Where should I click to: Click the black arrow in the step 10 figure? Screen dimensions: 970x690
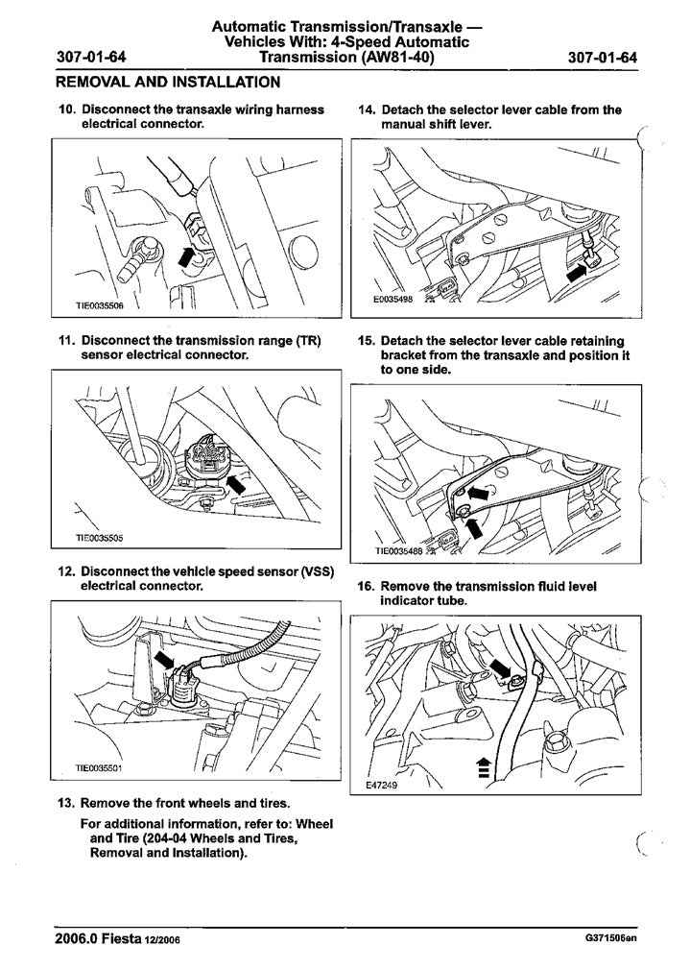tap(186, 254)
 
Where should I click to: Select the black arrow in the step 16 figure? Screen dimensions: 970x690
tap(501, 667)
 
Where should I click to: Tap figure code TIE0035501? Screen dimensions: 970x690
tap(100, 767)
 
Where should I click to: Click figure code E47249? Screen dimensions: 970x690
tap(382, 785)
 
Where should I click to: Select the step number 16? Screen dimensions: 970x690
tap(365, 586)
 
